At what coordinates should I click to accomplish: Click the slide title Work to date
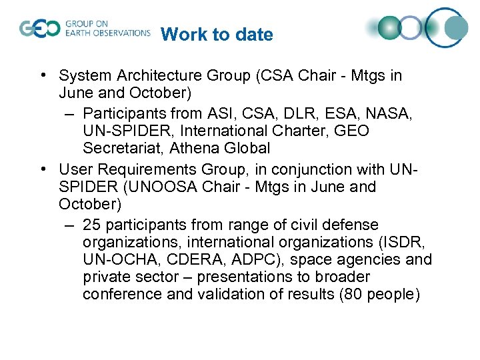coord(217,34)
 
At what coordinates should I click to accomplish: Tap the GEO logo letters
coord(39,29)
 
